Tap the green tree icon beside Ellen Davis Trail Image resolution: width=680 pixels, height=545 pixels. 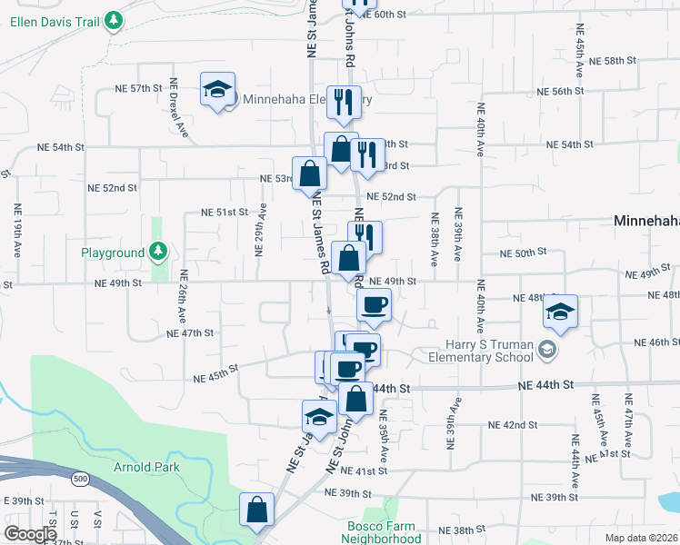113,19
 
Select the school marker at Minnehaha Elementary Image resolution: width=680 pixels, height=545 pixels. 217,91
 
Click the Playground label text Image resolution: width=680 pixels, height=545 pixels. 113,252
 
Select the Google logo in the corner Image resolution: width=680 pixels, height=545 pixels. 31,534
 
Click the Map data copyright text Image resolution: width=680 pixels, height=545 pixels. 642,538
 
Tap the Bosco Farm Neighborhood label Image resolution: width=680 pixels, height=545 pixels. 381,532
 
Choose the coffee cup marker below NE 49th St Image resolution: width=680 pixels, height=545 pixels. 373,305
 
